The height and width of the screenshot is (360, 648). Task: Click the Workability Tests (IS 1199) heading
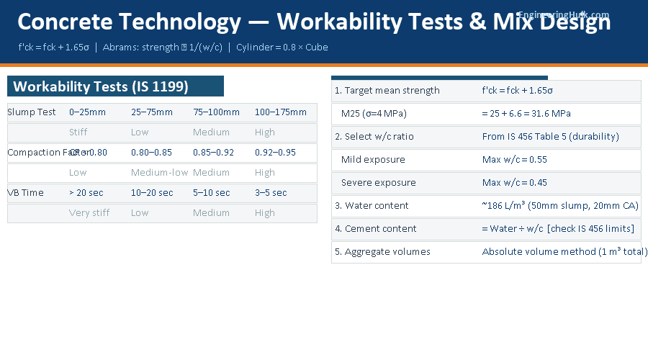coord(101,86)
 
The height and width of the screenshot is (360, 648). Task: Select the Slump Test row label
coord(32,112)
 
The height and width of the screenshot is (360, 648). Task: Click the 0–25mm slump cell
coord(87,112)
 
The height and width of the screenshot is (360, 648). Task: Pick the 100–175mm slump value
coord(280,112)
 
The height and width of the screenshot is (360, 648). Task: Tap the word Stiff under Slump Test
coord(78,132)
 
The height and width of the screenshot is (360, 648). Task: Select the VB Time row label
coord(26,193)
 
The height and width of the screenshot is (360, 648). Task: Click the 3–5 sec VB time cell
coord(271,193)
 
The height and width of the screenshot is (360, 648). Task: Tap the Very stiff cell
coord(89,213)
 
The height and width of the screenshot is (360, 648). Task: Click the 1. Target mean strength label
coord(387,91)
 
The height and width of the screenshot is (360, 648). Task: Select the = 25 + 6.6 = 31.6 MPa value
coord(526,114)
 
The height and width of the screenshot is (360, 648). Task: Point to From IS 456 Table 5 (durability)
coord(550,137)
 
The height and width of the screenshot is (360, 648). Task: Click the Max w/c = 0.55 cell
coord(515,160)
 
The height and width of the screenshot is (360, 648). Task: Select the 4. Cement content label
coord(376,229)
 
